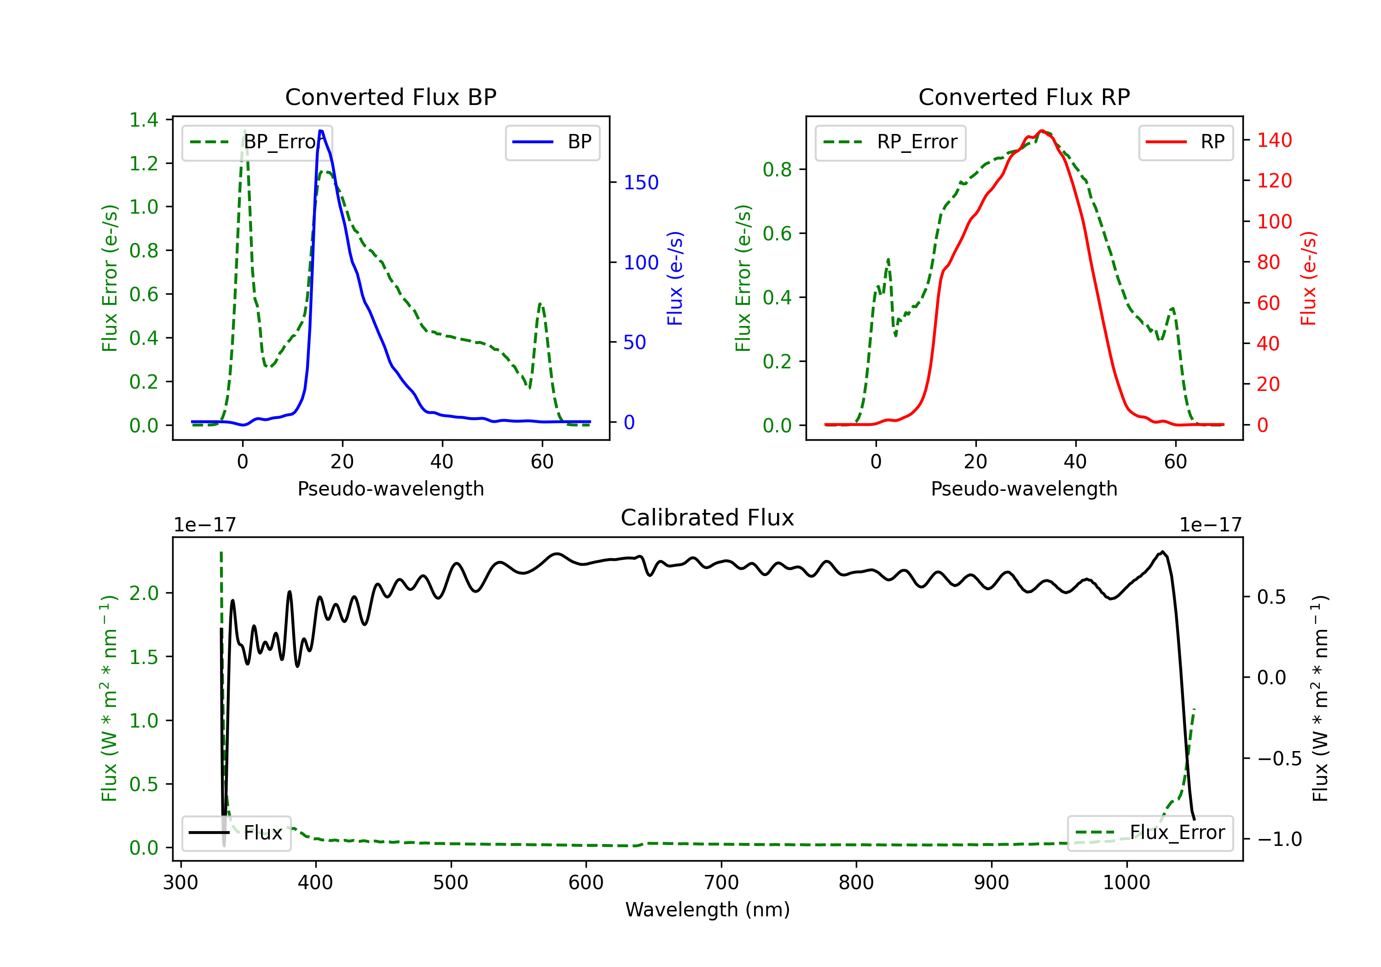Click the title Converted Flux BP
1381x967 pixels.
[390, 97]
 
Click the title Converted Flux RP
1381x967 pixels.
[1024, 97]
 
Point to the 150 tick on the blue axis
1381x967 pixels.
[641, 182]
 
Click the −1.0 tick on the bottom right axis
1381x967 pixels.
[1279, 839]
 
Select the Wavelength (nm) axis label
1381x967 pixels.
[708, 909]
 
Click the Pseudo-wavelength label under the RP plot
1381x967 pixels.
[1024, 489]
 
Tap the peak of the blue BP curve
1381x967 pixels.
[320, 131]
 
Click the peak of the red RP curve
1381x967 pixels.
[1041, 131]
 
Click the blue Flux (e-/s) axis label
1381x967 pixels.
[675, 278]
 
